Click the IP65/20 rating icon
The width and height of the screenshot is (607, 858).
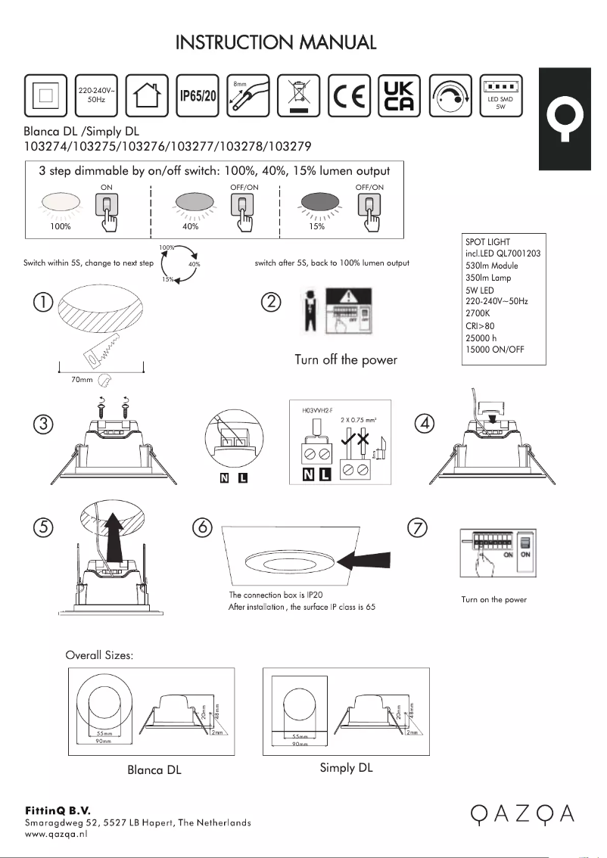click(198, 97)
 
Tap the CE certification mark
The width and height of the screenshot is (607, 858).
click(349, 97)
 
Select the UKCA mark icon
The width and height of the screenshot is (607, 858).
click(400, 97)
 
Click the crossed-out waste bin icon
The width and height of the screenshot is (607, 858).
click(299, 97)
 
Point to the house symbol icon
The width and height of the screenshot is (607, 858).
click(147, 97)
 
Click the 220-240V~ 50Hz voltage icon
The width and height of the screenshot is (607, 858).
click(96, 97)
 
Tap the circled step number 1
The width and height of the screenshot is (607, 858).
click(43, 303)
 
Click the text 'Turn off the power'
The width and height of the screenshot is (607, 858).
click(346, 359)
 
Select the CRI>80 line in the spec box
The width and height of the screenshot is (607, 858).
click(479, 326)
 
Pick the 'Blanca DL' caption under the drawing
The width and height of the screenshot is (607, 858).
click(154, 770)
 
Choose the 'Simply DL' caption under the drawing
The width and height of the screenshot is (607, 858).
click(346, 768)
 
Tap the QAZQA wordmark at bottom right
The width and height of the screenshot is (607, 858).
click(521, 814)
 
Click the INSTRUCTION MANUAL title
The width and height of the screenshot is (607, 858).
click(276, 42)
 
